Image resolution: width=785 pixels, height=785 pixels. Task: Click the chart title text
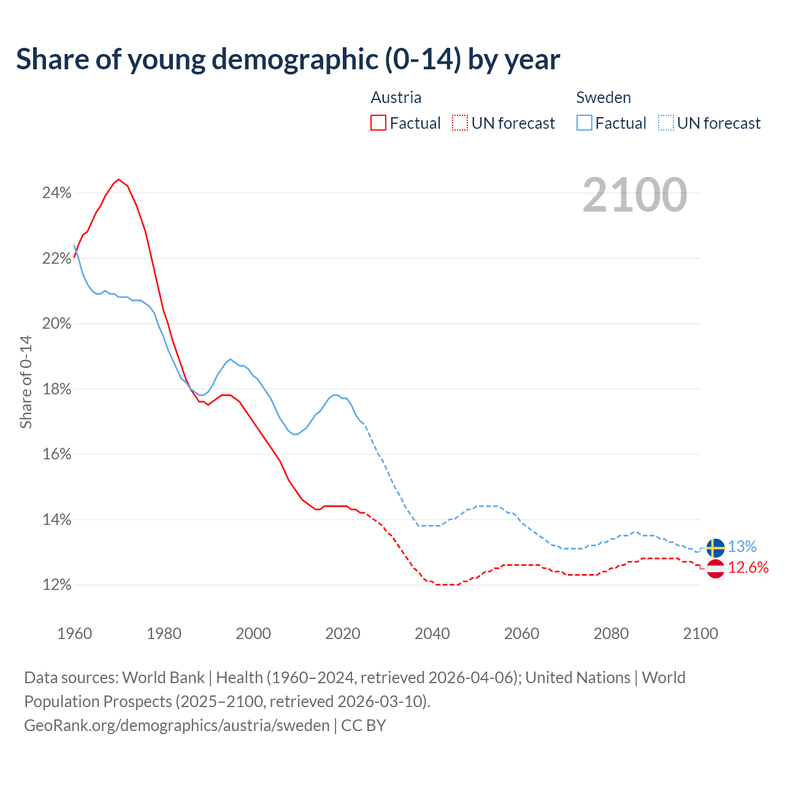coord(288,59)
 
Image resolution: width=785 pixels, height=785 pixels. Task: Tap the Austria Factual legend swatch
coord(378,123)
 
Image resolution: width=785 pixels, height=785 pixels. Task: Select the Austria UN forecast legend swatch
coord(460,123)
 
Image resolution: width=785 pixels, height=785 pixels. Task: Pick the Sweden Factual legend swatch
coord(584,123)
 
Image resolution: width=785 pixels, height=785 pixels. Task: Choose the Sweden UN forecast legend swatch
coord(666,123)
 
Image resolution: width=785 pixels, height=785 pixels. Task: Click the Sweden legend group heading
coord(603,98)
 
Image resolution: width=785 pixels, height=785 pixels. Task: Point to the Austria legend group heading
coord(396,98)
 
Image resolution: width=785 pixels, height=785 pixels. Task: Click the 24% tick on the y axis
coord(56,193)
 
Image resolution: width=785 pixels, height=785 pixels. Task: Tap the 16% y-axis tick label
coord(56,454)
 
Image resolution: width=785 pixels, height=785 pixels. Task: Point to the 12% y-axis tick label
coord(56,585)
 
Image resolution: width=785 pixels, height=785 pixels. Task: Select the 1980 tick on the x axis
coord(164,634)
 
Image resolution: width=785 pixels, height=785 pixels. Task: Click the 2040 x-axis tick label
coord(432,634)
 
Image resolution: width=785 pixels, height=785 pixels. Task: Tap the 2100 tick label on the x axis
coord(700,634)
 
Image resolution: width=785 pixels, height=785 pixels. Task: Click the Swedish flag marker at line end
coord(716,548)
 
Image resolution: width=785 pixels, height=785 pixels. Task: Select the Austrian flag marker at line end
coord(716,569)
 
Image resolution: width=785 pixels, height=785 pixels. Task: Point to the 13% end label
coord(742,546)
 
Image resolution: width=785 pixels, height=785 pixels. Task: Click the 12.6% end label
coord(748,568)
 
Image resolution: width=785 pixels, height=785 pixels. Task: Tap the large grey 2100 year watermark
coord(635,195)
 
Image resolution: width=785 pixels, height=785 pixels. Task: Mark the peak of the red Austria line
coord(118,180)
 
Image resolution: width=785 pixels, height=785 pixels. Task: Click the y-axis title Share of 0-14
coord(26,381)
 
